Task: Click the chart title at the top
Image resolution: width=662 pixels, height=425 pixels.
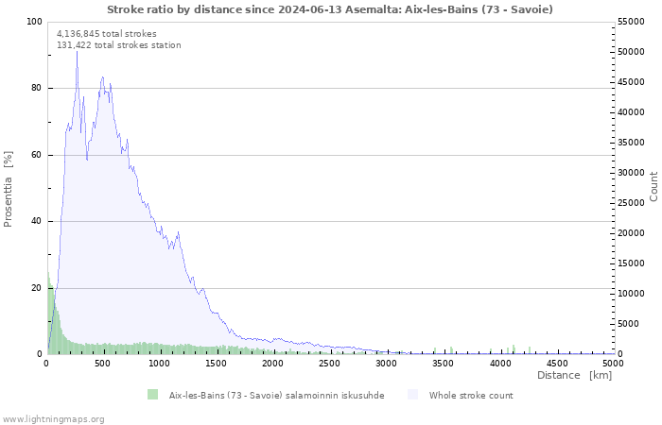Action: pyautogui.click(x=330, y=9)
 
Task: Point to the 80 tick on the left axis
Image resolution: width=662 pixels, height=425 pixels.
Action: pyautogui.click(x=36, y=88)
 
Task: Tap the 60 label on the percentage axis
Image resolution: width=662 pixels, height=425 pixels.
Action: pyautogui.click(x=36, y=155)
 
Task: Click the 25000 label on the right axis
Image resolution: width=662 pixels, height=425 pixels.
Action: pyautogui.click(x=631, y=203)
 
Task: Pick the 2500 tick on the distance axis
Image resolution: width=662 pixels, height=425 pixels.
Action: pyautogui.click(x=329, y=364)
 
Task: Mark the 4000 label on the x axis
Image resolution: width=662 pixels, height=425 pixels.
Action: pyautogui.click(x=500, y=364)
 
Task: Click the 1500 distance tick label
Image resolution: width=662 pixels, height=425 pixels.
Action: pyautogui.click(x=217, y=364)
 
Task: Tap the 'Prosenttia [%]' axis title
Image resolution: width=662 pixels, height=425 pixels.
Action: pyautogui.click(x=8, y=189)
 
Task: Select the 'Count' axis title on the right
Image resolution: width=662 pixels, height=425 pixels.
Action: pyautogui.click(x=653, y=186)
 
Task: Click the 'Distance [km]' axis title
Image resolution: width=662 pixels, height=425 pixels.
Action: pyautogui.click(x=574, y=375)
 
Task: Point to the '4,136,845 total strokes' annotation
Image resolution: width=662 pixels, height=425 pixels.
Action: pyautogui.click(x=106, y=34)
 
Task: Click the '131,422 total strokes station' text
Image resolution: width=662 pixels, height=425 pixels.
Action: pyautogui.click(x=118, y=45)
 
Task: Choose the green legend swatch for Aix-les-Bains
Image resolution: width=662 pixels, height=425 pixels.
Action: pyautogui.click(x=152, y=395)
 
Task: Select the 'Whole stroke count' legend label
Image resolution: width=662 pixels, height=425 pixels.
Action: pyautogui.click(x=471, y=396)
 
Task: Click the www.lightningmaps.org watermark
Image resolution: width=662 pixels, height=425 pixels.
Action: pyautogui.click(x=52, y=419)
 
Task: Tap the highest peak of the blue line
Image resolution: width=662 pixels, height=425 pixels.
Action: pyautogui.click(x=77, y=51)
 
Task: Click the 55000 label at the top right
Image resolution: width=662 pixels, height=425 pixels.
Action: pyautogui.click(x=631, y=22)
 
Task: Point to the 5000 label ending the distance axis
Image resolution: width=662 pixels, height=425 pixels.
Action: pyautogui.click(x=613, y=364)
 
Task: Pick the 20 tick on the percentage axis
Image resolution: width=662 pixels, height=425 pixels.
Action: pyautogui.click(x=36, y=288)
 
